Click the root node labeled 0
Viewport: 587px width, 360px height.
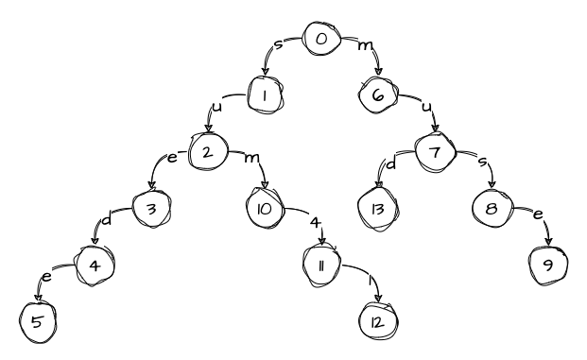[321, 41]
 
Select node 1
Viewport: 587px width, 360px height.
[267, 95]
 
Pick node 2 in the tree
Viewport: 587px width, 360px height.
[209, 151]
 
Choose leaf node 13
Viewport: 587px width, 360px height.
[379, 207]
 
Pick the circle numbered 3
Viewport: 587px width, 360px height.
[152, 207]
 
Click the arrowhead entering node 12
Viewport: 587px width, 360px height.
[379, 300]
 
